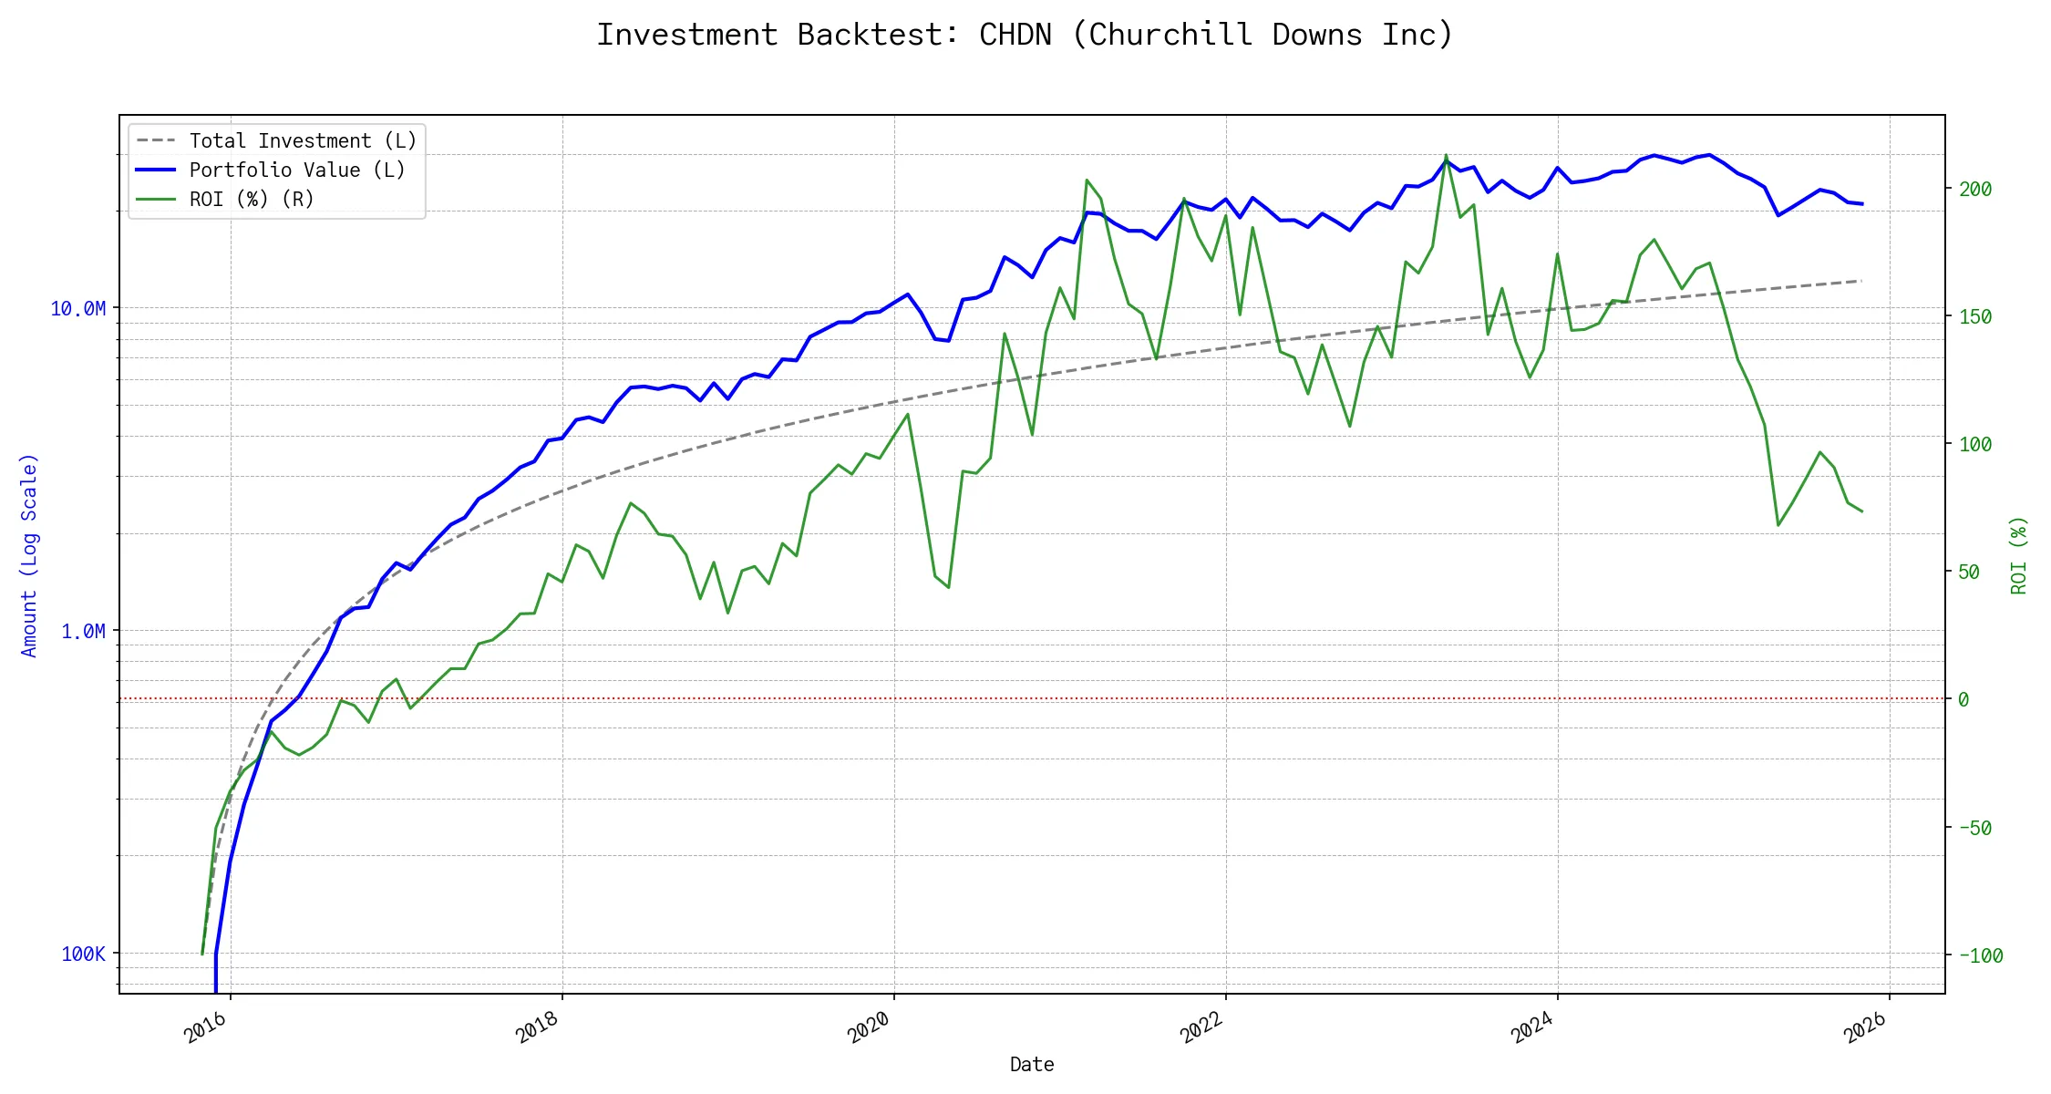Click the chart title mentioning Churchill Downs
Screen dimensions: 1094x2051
tap(1025, 35)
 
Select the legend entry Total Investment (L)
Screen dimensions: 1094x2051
tap(303, 141)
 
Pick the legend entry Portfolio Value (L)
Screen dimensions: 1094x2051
tap(297, 170)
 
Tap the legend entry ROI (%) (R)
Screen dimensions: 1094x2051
tap(252, 200)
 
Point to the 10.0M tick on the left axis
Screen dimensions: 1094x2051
tap(78, 309)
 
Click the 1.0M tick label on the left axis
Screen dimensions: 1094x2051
tap(83, 632)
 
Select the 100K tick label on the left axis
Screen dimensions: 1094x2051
tap(83, 955)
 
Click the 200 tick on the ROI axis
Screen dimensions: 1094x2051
tap(1975, 190)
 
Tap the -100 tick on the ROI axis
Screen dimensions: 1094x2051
tap(1980, 956)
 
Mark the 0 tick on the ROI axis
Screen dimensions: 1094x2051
tap(1963, 700)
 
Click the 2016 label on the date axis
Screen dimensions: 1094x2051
tap(206, 1027)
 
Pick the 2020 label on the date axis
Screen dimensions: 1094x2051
tap(869, 1027)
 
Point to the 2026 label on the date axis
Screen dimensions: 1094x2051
tap(1865, 1027)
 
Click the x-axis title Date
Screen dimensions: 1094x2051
tap(1032, 1065)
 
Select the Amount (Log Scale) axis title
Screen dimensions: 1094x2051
tap(29, 554)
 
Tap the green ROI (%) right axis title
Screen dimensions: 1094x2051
tap(2018, 554)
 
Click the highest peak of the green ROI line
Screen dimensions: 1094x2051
tap(1446, 156)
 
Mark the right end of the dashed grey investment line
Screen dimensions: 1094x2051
tap(1860, 281)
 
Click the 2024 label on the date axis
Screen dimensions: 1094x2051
tap(1532, 1027)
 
